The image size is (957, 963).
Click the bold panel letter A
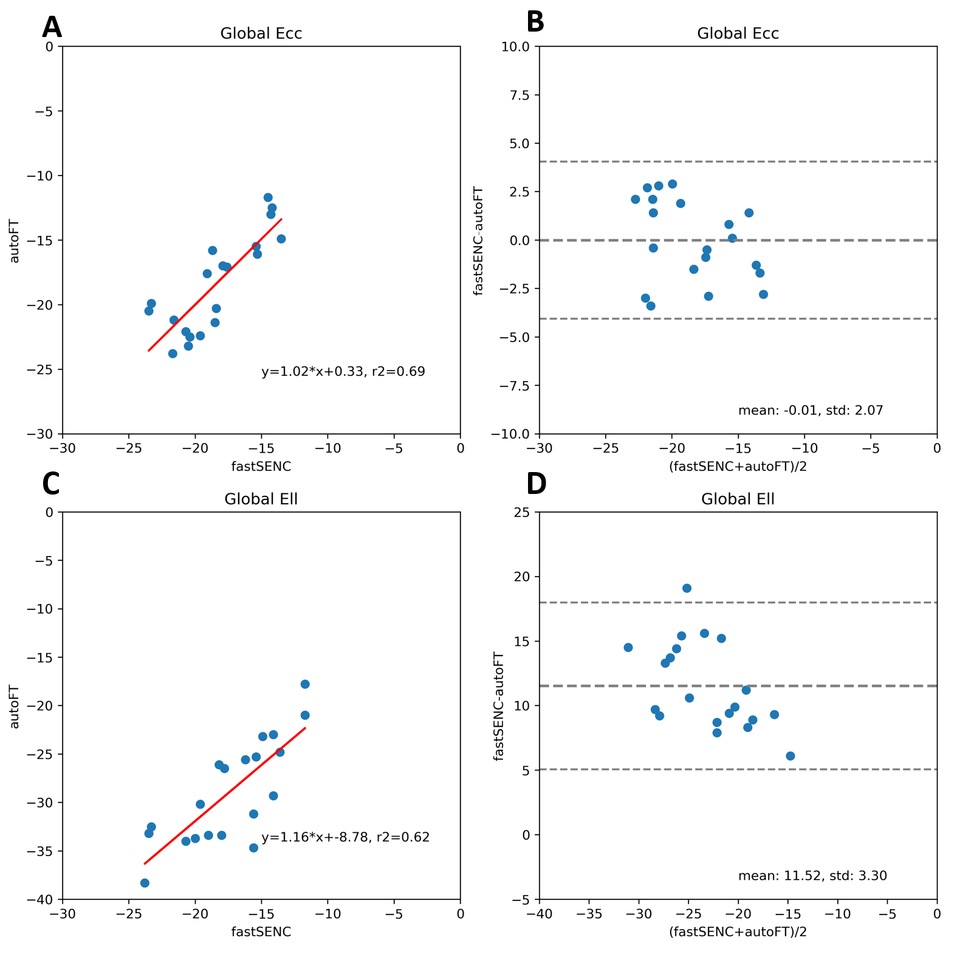pos(52,28)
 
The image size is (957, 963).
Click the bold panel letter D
pos(536,484)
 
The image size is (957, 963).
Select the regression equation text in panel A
pos(343,371)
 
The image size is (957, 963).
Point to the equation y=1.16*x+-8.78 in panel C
pos(345,837)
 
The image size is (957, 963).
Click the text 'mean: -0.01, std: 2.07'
pos(810,411)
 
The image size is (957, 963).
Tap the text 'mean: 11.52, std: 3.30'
pos(812,876)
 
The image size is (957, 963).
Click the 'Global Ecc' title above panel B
pos(738,33)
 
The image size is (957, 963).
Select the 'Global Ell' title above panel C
pos(261,499)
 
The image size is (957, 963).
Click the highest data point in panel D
pos(687,588)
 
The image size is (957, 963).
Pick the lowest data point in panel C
pos(145,883)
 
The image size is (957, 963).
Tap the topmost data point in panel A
pos(268,197)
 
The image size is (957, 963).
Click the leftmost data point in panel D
pos(628,648)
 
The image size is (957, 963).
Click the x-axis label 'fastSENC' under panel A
pos(261,467)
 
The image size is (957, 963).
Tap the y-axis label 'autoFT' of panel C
pos(15,707)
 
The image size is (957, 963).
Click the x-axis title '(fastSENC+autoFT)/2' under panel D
pos(738,932)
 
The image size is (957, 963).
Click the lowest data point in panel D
pos(790,756)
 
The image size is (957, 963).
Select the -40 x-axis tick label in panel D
pos(539,914)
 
